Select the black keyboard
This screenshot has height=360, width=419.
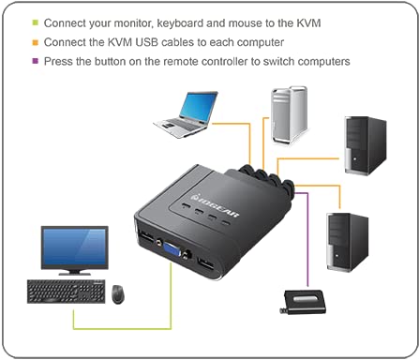pos(65,292)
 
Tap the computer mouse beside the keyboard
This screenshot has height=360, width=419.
pos(119,294)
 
